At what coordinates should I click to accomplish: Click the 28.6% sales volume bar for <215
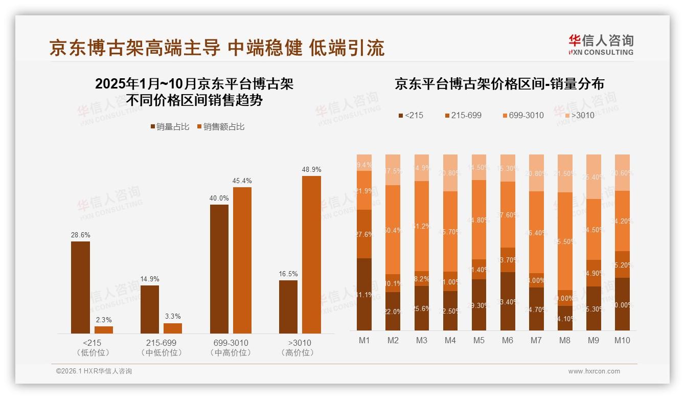[x=80, y=287]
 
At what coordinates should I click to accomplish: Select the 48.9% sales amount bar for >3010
[x=311, y=255]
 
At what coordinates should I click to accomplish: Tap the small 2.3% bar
[x=104, y=330]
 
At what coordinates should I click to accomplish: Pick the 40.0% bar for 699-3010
[x=219, y=269]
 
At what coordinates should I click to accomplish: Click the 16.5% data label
[x=288, y=274]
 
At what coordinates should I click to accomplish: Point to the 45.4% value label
[x=242, y=181]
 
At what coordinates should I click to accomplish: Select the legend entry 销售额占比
[x=221, y=127]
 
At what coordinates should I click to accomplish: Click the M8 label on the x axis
[x=565, y=341]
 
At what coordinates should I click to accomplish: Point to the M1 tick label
[x=364, y=341]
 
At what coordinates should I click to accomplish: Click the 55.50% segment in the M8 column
[x=565, y=241]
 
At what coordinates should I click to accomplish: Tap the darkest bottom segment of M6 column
[x=508, y=301]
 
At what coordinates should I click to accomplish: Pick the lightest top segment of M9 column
[x=593, y=176]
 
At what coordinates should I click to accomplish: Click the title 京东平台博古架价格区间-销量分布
[x=499, y=84]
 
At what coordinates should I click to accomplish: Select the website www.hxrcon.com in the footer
[x=594, y=371]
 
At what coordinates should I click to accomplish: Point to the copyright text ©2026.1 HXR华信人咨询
[x=94, y=371]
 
